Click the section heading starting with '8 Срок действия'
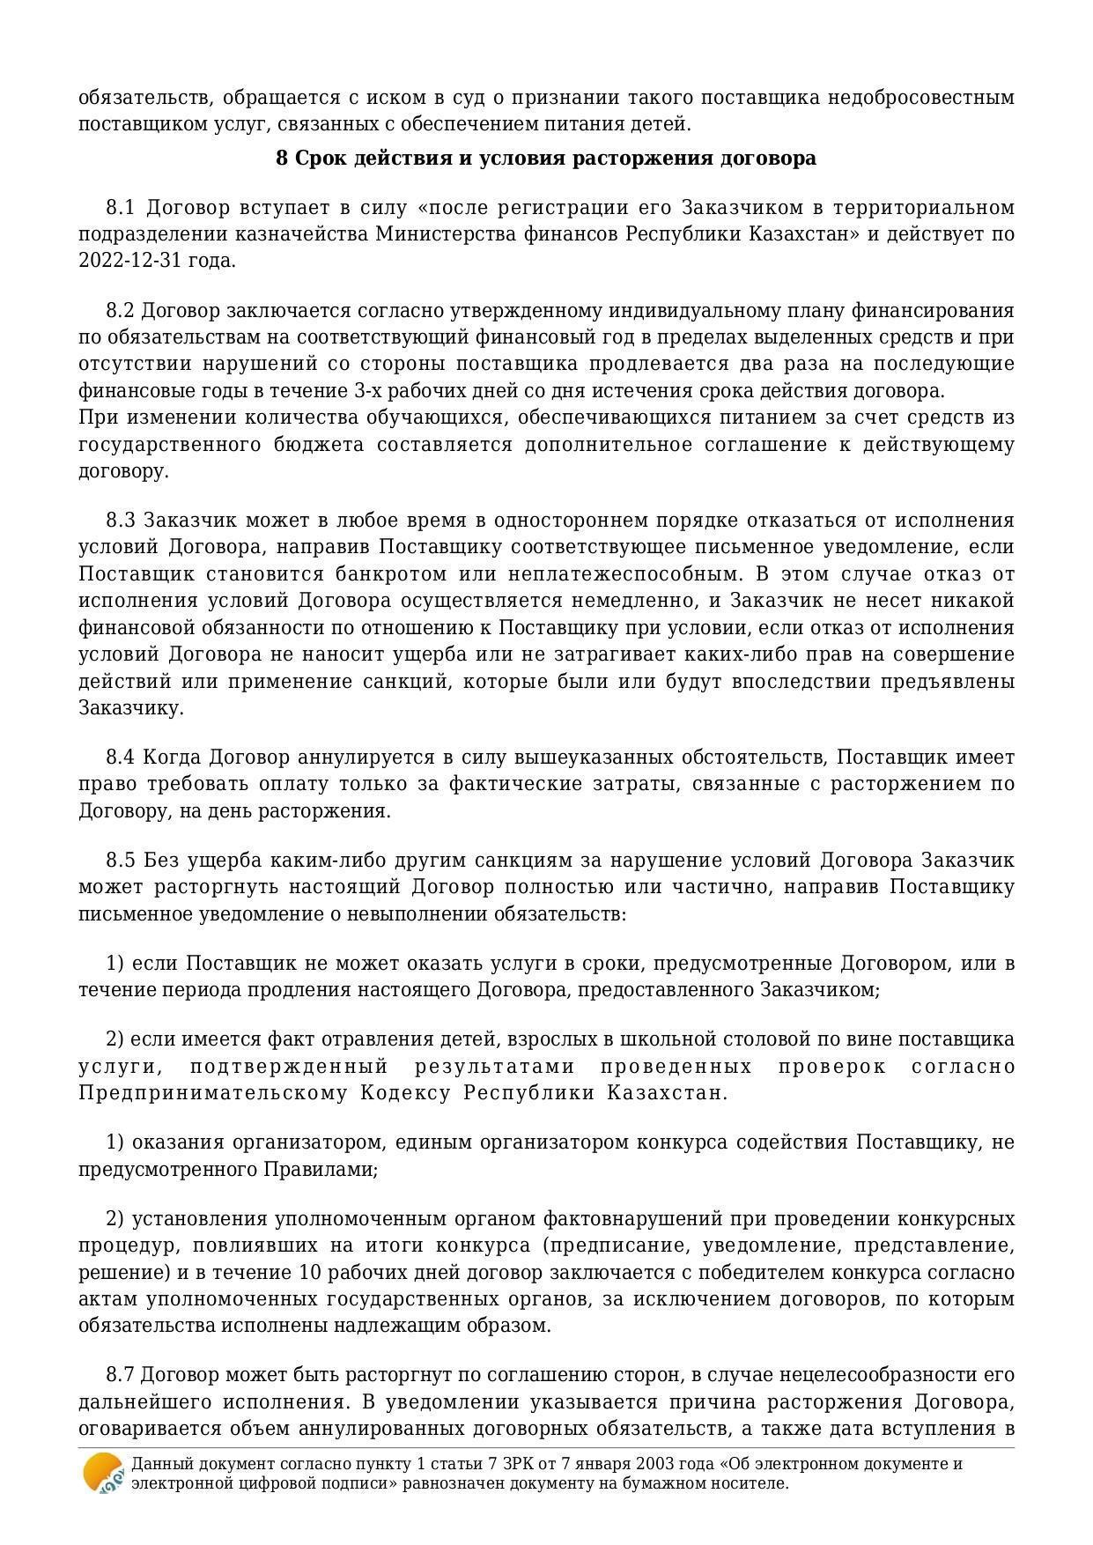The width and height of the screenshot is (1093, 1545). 546,159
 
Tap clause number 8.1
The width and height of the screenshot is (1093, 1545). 120,208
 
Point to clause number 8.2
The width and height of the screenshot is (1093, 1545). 120,311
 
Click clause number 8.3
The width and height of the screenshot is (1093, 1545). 120,521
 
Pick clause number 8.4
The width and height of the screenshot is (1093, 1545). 120,758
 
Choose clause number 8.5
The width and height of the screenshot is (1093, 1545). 120,861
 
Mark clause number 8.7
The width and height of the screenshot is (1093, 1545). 120,1375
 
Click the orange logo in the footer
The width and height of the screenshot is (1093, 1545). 102,1473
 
